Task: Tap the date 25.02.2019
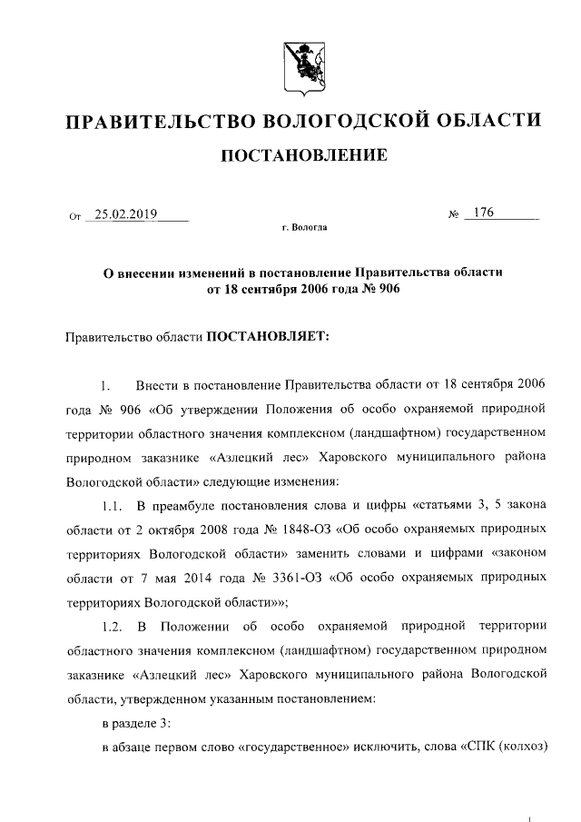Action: (x=125, y=214)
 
